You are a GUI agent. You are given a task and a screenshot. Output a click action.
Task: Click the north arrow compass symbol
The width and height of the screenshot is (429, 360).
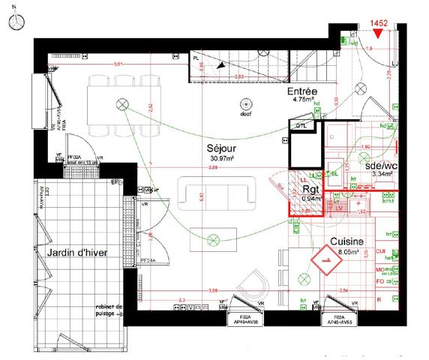click(x=13, y=22)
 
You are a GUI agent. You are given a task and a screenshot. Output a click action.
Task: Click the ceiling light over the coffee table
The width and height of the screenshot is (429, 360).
click(x=212, y=240)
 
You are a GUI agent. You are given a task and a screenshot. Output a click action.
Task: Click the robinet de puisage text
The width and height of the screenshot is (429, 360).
click(x=110, y=310)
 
